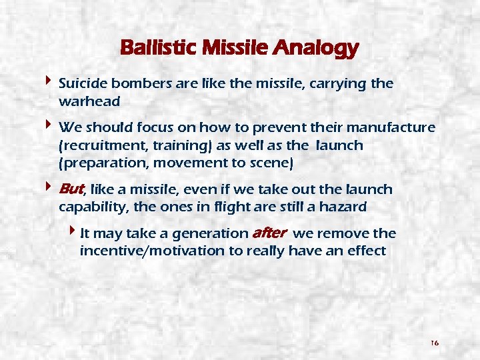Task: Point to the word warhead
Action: click(x=89, y=101)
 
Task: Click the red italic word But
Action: click(x=73, y=189)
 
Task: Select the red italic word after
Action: click(x=269, y=233)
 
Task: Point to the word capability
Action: click(x=92, y=207)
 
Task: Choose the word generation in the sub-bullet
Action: click(x=209, y=234)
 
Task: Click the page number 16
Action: click(x=434, y=343)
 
